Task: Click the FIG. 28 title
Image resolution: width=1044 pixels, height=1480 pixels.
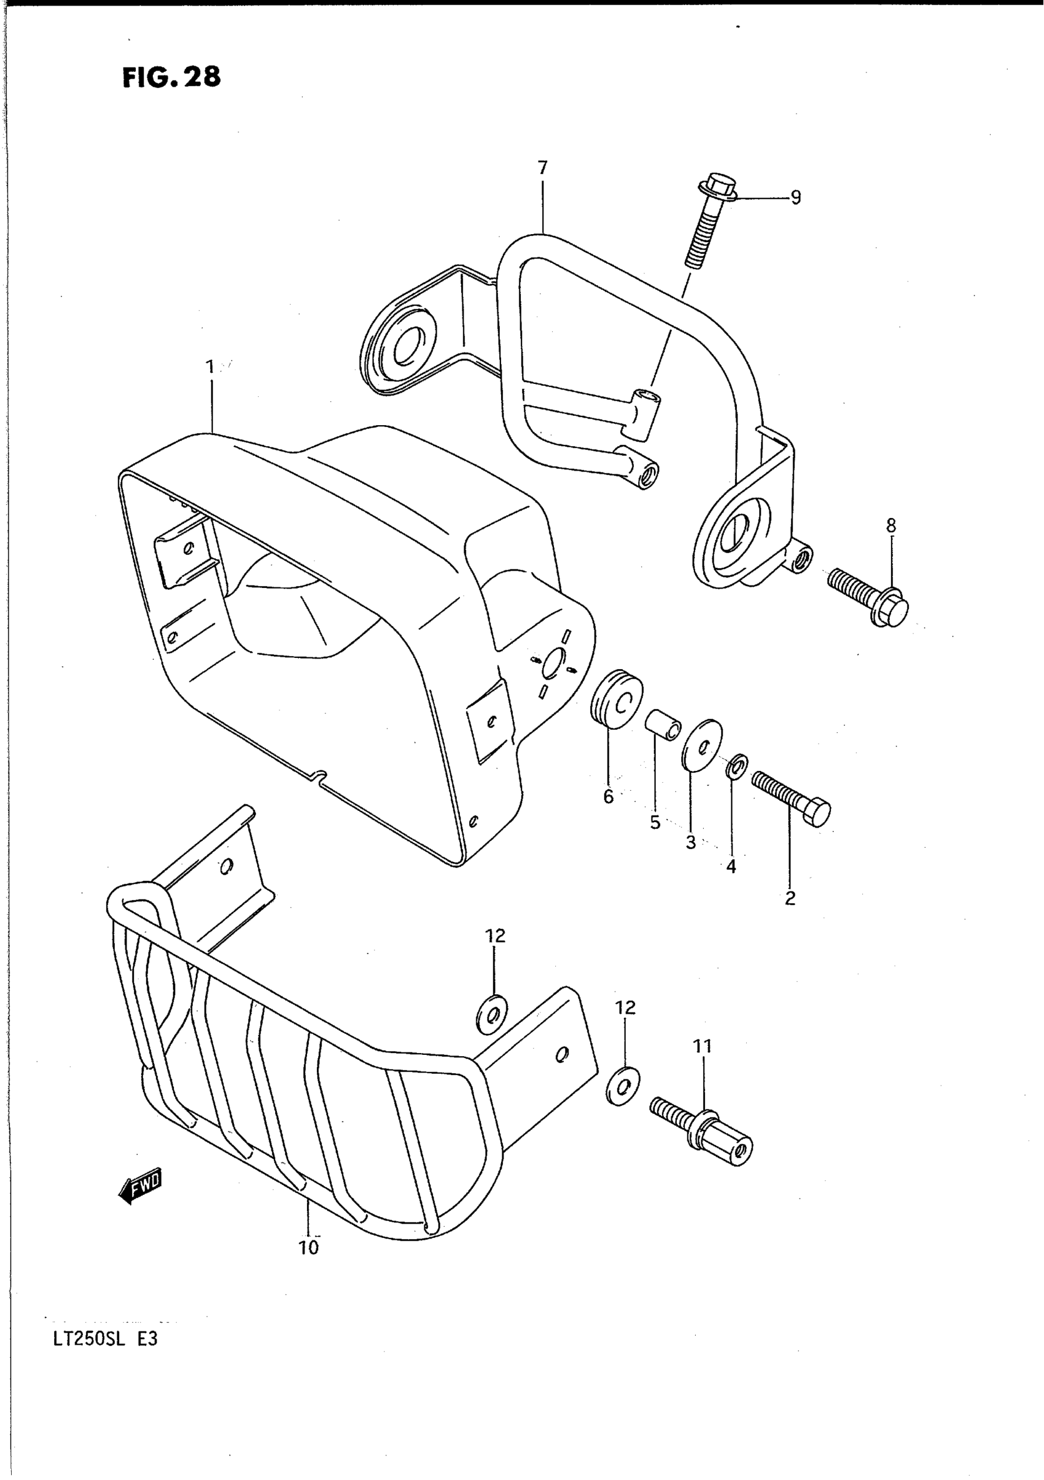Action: [171, 77]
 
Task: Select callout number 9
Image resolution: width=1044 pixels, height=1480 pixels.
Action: [795, 198]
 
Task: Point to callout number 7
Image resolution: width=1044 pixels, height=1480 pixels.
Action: [542, 168]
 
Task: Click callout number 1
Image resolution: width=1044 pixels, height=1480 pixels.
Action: [209, 367]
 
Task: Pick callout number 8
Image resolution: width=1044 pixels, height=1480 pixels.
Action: [890, 526]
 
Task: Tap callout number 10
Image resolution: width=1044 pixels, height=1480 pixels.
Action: [309, 1248]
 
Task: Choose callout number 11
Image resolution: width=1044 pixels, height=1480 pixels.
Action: [703, 1047]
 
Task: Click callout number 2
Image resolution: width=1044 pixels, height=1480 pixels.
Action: [790, 899]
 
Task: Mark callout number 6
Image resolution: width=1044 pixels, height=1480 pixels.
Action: [609, 797]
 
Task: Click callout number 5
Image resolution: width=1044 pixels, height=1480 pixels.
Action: [655, 823]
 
